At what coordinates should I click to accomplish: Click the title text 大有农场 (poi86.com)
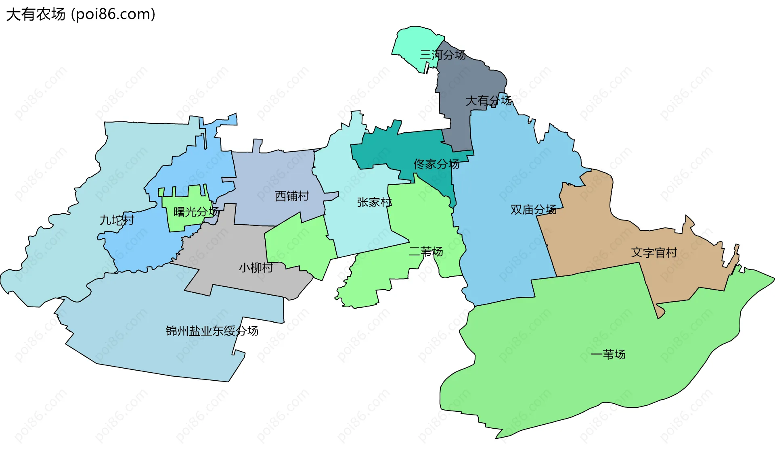coord(81,15)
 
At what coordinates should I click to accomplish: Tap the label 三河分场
coord(443,55)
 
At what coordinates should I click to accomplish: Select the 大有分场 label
coord(488,100)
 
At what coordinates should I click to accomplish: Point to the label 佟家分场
coord(436,164)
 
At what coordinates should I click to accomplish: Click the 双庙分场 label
coord(533,210)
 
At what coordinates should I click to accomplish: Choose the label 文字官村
coord(654,253)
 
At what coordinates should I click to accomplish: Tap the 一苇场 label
coord(608,354)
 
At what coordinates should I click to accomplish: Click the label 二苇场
coord(426,252)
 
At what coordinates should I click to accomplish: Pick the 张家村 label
coord(374,202)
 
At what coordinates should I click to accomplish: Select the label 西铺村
coord(292,196)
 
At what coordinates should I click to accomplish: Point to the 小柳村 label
coord(256,267)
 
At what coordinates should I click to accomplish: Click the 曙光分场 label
coord(196,212)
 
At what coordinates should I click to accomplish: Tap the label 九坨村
coord(117,220)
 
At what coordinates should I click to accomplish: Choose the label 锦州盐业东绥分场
coord(212,331)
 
